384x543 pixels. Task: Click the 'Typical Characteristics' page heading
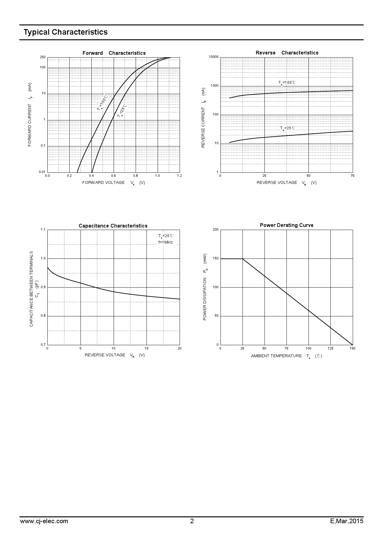click(66, 32)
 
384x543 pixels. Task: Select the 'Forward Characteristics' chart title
click(114, 53)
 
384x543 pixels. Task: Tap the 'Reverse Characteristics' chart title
click(287, 53)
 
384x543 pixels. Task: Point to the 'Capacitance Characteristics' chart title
click(113, 226)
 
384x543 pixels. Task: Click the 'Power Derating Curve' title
click(286, 225)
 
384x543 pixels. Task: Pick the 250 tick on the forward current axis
click(43, 57)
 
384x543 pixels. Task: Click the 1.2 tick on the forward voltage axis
click(179, 176)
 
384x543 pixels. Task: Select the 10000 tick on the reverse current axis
click(214, 57)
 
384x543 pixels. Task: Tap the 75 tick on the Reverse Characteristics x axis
click(352, 176)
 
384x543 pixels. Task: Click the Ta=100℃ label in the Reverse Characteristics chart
click(287, 83)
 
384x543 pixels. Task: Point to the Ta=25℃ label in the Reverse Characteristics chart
click(288, 128)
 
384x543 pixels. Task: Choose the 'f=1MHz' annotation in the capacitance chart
click(166, 242)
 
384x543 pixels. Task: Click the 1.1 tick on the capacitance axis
click(43, 230)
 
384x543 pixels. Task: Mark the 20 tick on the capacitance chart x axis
click(180, 348)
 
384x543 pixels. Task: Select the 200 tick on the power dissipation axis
click(216, 230)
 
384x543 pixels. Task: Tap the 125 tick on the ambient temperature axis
click(330, 348)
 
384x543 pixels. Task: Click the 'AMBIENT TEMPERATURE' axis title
click(276, 356)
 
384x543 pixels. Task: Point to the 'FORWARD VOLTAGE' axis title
click(103, 183)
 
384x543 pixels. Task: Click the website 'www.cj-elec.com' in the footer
click(44, 521)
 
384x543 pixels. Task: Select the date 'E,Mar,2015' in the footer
click(347, 521)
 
